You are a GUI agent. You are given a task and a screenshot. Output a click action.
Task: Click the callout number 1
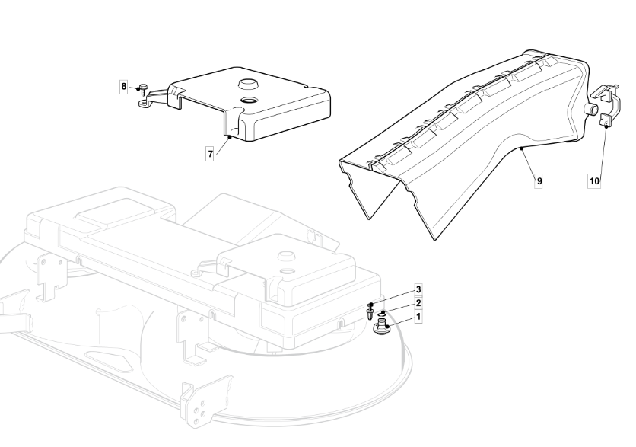[418, 316]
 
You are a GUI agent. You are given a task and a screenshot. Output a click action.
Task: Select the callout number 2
[418, 303]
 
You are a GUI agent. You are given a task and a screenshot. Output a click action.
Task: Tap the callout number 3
[418, 289]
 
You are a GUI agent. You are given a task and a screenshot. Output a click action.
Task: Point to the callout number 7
[210, 154]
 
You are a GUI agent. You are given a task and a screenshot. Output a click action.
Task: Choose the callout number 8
[124, 87]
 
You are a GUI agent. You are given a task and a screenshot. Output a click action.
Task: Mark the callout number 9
[539, 180]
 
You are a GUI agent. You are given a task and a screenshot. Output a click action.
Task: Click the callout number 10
[594, 180]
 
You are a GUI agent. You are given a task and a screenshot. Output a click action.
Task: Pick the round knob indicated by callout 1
[381, 327]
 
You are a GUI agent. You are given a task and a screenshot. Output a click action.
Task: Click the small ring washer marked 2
[382, 314]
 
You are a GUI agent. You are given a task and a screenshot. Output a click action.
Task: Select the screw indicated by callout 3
[370, 311]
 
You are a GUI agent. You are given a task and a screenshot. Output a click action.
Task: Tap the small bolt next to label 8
[143, 88]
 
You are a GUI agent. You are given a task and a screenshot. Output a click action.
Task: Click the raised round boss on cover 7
[247, 84]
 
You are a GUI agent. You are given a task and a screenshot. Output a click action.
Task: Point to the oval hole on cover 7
[248, 100]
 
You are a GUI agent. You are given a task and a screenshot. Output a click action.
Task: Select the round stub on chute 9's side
[592, 109]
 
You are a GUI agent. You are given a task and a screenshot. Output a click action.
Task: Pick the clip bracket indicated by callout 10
[606, 104]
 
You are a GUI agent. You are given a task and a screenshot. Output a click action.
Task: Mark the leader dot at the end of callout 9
[520, 148]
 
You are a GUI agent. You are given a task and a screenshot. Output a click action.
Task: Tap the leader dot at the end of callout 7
[229, 137]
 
